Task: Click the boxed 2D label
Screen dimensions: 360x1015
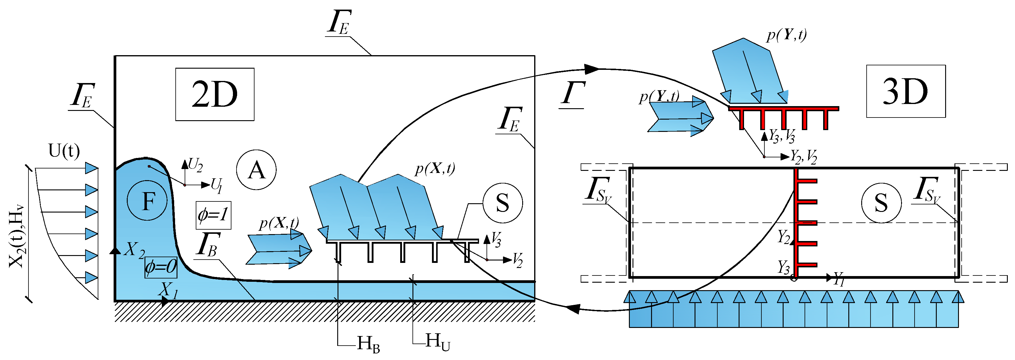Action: pyautogui.click(x=215, y=94)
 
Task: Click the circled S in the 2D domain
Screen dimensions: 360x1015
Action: pyautogui.click(x=502, y=203)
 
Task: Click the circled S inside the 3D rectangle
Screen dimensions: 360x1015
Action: pyautogui.click(x=881, y=203)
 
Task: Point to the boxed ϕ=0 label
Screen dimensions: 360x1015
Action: pyautogui.click(x=161, y=267)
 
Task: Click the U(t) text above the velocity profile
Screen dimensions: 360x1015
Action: pyautogui.click(x=64, y=150)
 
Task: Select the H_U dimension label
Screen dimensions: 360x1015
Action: pyautogui.click(x=437, y=341)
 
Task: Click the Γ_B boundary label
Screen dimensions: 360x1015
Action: pyautogui.click(x=208, y=245)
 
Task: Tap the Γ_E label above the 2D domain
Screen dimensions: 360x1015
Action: pyautogui.click(x=339, y=22)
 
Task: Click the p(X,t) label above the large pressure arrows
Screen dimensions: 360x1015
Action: pyautogui.click(x=435, y=168)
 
